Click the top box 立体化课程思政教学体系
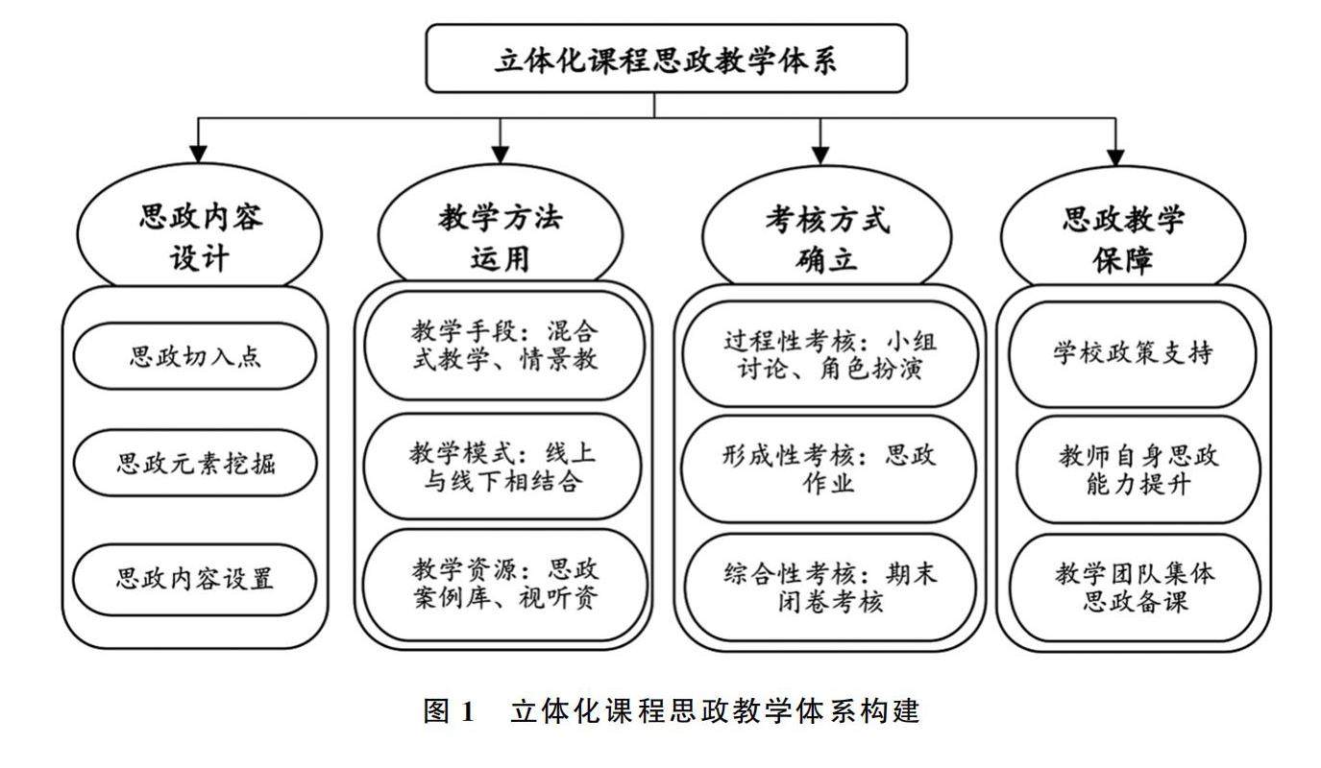click(x=666, y=59)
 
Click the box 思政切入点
click(x=195, y=356)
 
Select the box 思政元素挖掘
click(x=195, y=464)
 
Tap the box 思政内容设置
click(x=195, y=579)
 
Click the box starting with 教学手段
click(x=503, y=345)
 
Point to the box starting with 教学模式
click(x=503, y=467)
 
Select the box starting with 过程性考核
click(x=829, y=354)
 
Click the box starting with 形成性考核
click(x=829, y=468)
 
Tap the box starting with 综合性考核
click(x=829, y=588)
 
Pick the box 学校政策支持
click(x=1133, y=353)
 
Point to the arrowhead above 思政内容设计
click(x=199, y=155)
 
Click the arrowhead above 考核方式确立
click(x=820, y=155)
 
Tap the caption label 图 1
click(x=451, y=711)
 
